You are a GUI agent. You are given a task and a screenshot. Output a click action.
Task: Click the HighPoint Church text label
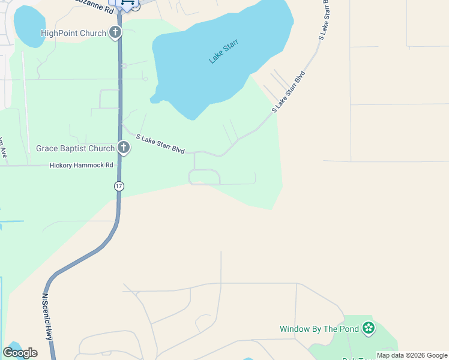pyautogui.click(x=73, y=33)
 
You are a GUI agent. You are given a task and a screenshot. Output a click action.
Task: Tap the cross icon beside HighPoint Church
pyautogui.click(x=116, y=33)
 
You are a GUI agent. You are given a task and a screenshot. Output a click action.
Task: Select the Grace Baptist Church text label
pyautogui.click(x=75, y=148)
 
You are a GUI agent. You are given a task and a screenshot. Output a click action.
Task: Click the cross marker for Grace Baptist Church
pyautogui.click(x=124, y=147)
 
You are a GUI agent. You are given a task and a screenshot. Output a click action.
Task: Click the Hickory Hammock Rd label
pyautogui.click(x=81, y=165)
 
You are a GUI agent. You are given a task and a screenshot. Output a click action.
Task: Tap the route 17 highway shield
pyautogui.click(x=119, y=186)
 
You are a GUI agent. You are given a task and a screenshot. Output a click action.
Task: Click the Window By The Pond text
pyautogui.click(x=319, y=329)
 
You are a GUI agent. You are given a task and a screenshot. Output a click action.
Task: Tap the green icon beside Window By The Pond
pyautogui.click(x=369, y=328)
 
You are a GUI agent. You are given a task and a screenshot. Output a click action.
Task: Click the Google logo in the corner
pyautogui.click(x=20, y=353)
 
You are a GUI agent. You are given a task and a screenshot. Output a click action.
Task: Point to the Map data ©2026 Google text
pyautogui.click(x=412, y=355)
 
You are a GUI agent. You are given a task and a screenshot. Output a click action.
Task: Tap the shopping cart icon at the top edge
pyautogui.click(x=127, y=3)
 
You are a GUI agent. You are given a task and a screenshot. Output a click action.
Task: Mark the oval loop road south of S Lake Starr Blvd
pyautogui.click(x=205, y=177)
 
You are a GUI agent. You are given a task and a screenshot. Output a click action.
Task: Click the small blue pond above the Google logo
pyautogui.click(x=13, y=347)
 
